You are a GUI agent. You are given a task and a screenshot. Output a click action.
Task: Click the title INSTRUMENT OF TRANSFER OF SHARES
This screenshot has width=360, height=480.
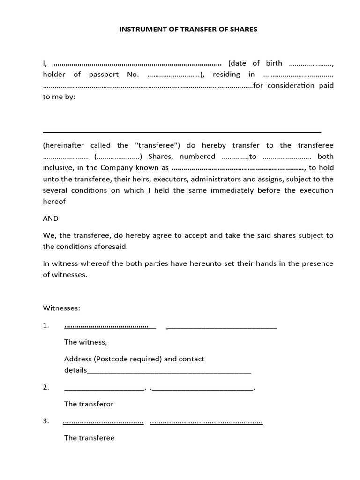[188, 29]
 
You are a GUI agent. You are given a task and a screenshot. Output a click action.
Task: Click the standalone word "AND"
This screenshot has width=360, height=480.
[51, 218]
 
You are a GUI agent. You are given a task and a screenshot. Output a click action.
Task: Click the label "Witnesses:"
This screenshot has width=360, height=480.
[62, 308]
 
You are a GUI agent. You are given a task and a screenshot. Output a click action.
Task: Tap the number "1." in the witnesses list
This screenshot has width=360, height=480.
[46, 325]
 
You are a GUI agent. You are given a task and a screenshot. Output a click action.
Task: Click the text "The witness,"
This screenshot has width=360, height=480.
[85, 342]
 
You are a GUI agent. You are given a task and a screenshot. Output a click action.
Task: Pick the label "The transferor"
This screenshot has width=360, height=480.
[89, 404]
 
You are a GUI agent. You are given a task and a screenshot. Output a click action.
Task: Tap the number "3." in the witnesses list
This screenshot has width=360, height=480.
[46, 421]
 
